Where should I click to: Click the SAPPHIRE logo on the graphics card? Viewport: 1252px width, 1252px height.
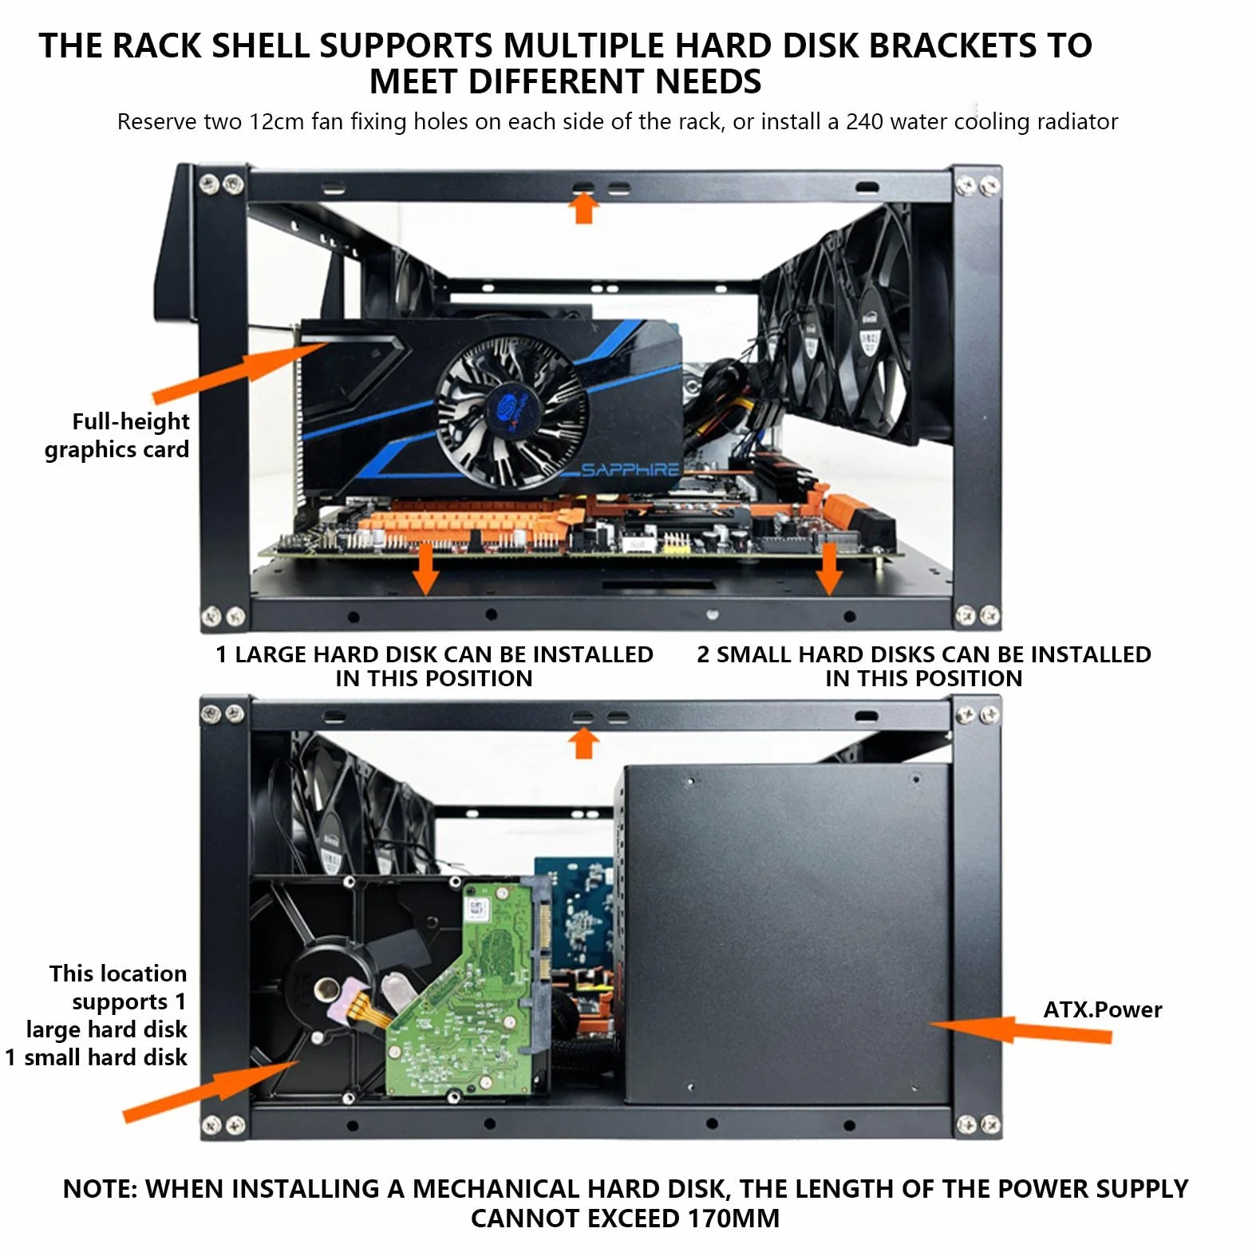click(630, 469)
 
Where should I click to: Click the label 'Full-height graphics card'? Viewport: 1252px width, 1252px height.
click(118, 435)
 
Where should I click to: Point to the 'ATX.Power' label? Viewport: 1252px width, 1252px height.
click(1103, 1009)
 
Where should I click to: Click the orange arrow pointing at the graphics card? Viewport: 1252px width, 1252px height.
click(239, 372)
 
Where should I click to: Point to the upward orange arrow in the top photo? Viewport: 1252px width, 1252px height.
click(583, 209)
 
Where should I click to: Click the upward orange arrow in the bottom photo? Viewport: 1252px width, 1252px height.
click(583, 744)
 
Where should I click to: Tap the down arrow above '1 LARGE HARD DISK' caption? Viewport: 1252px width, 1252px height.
click(425, 569)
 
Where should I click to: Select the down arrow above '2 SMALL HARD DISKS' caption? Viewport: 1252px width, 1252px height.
click(829, 569)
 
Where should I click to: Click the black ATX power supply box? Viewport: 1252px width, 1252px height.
click(786, 934)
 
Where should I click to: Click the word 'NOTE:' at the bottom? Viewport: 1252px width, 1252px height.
click(102, 1189)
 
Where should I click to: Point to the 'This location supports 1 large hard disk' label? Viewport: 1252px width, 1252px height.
click(107, 1001)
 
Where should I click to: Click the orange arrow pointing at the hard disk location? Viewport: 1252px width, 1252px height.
click(211, 1092)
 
